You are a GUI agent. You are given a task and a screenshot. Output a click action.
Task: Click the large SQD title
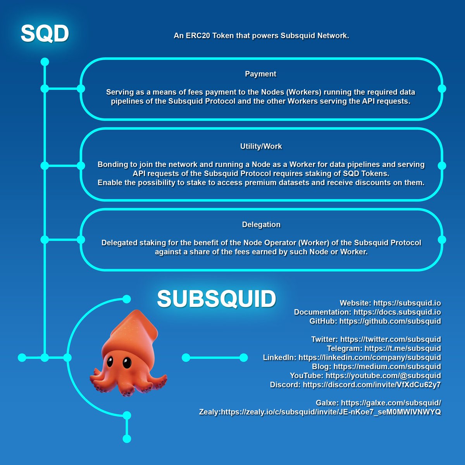pyautogui.click(x=45, y=34)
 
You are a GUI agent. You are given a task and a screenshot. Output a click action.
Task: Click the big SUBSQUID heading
pyautogui.click(x=216, y=299)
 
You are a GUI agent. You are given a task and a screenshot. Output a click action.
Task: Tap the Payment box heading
pyautogui.click(x=260, y=74)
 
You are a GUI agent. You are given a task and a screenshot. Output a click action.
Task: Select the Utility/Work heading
pyautogui.click(x=261, y=146)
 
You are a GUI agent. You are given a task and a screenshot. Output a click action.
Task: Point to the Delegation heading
pyautogui.click(x=261, y=225)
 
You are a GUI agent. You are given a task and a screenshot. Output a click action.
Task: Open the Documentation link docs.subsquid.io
pyautogui.click(x=397, y=312)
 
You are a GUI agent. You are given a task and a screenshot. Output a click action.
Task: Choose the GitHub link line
pyautogui.click(x=390, y=321)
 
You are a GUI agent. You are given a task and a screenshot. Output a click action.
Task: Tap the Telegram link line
pyautogui.click(x=402, y=348)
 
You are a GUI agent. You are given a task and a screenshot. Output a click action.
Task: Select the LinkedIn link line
pyautogui.click(x=369, y=357)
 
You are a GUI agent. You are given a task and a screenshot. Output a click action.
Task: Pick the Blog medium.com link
pyautogui.click(x=387, y=367)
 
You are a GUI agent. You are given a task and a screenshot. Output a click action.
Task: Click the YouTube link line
pyautogui.click(x=383, y=375)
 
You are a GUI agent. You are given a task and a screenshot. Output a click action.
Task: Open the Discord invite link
pyautogui.click(x=371, y=385)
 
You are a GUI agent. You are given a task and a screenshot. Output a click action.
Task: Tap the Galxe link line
pyautogui.click(x=391, y=403)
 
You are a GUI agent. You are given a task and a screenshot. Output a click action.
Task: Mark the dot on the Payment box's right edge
pyautogui.click(x=442, y=89)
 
